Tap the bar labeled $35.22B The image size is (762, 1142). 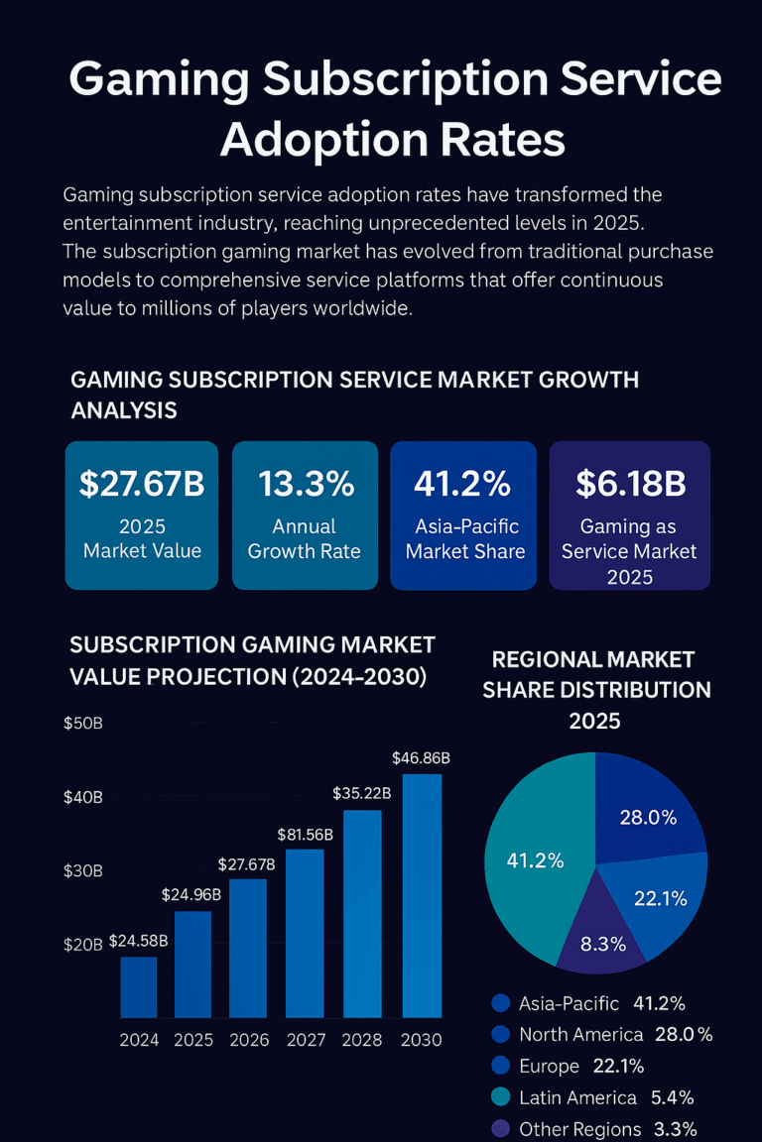[x=362, y=913]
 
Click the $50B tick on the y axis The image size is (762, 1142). [x=82, y=723]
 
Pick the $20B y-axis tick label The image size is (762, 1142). [x=82, y=945]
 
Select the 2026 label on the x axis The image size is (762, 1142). [x=249, y=1041]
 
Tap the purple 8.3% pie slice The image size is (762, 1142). [x=601, y=937]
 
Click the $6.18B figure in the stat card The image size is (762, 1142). [x=630, y=484]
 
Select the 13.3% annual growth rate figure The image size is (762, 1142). [x=306, y=484]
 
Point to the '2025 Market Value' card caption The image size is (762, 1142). [x=142, y=538]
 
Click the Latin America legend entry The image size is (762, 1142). [x=577, y=1097]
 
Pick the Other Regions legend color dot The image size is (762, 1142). [x=501, y=1129]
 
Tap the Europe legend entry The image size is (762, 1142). [x=549, y=1066]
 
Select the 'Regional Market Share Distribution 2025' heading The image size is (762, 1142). [x=596, y=690]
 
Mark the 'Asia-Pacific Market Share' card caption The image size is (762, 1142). [x=464, y=538]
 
